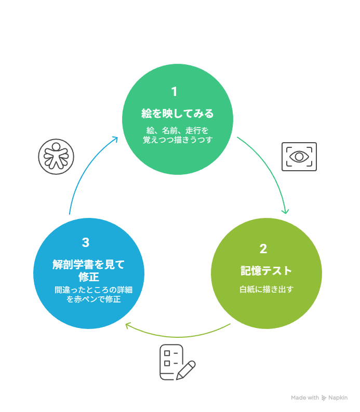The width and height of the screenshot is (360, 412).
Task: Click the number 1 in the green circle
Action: pyautogui.click(x=174, y=92)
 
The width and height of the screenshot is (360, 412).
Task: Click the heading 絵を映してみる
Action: pyautogui.click(x=178, y=113)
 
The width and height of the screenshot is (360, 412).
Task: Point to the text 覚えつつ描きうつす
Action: pyautogui.click(x=178, y=140)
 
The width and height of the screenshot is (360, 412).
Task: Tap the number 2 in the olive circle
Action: pyautogui.click(x=263, y=249)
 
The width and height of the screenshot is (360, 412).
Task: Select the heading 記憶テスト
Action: pyautogui.click(x=266, y=270)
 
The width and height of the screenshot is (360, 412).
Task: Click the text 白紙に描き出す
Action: pyautogui.click(x=266, y=289)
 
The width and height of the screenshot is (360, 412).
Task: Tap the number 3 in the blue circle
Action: pyautogui.click(x=86, y=242)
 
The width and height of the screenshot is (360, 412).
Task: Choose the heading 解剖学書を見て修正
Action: pyautogui.click(x=89, y=270)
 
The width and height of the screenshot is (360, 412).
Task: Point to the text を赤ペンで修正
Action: pyautogui.click(x=94, y=299)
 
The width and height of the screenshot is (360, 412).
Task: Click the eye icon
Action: pyautogui.click(x=299, y=156)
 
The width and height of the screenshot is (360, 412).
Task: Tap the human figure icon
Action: pyautogui.click(x=56, y=156)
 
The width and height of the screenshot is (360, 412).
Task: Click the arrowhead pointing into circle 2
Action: pyautogui.click(x=285, y=211)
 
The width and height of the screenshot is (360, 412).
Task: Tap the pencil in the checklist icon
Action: pyautogui.click(x=186, y=369)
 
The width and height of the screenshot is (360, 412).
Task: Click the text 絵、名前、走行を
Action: pyautogui.click(x=178, y=130)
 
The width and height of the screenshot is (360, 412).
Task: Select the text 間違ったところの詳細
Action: pyautogui.click(x=94, y=290)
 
